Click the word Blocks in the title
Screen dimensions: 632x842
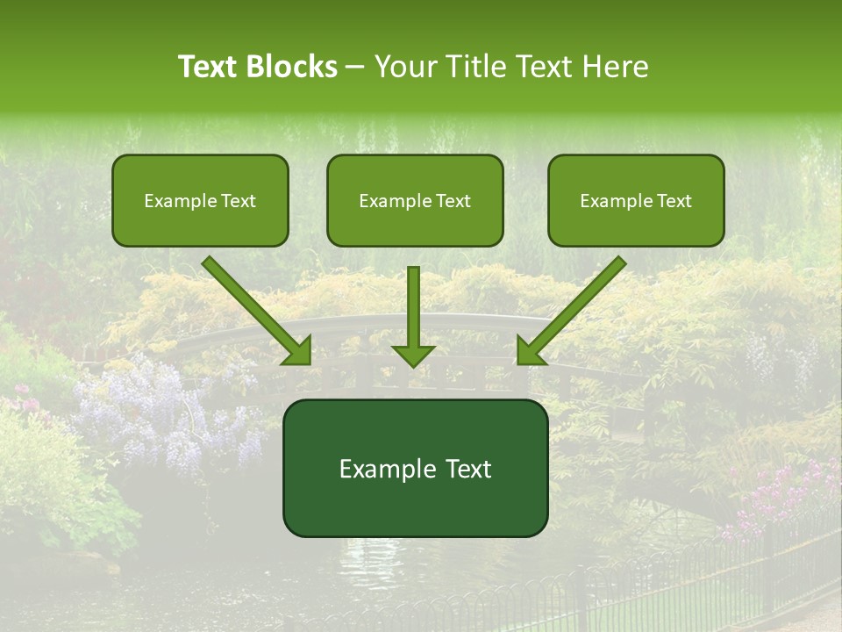294,67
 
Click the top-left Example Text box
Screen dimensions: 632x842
200,200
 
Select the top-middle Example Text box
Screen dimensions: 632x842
415,200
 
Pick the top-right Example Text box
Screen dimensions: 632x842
636,200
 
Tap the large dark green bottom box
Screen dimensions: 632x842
415,468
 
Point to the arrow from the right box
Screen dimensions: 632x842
574,307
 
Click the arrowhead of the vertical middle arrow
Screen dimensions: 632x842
413,355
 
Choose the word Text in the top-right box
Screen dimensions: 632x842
674,201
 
